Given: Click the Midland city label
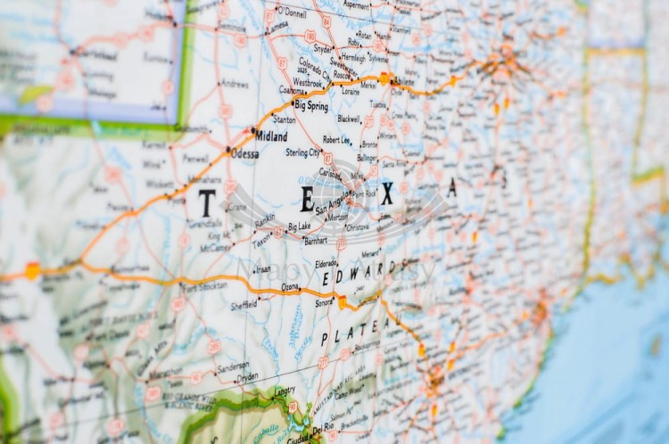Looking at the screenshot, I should (271, 137).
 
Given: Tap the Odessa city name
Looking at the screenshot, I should (245, 153).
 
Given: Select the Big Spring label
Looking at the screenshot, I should (311, 105).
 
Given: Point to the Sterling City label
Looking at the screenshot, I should (302, 152).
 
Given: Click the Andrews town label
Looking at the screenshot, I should (235, 85).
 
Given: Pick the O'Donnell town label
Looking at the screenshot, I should (292, 12).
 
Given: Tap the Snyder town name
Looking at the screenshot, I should (322, 47).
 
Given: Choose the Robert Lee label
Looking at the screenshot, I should (337, 140).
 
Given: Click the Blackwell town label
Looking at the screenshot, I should (349, 118).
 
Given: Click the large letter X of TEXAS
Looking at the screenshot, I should (386, 194).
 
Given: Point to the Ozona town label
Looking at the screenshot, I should (291, 286).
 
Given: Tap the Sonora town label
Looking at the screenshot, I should (323, 303).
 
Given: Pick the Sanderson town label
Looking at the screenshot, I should (233, 366).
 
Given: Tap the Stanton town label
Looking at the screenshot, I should (284, 119).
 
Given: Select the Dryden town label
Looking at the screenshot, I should (248, 376).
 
